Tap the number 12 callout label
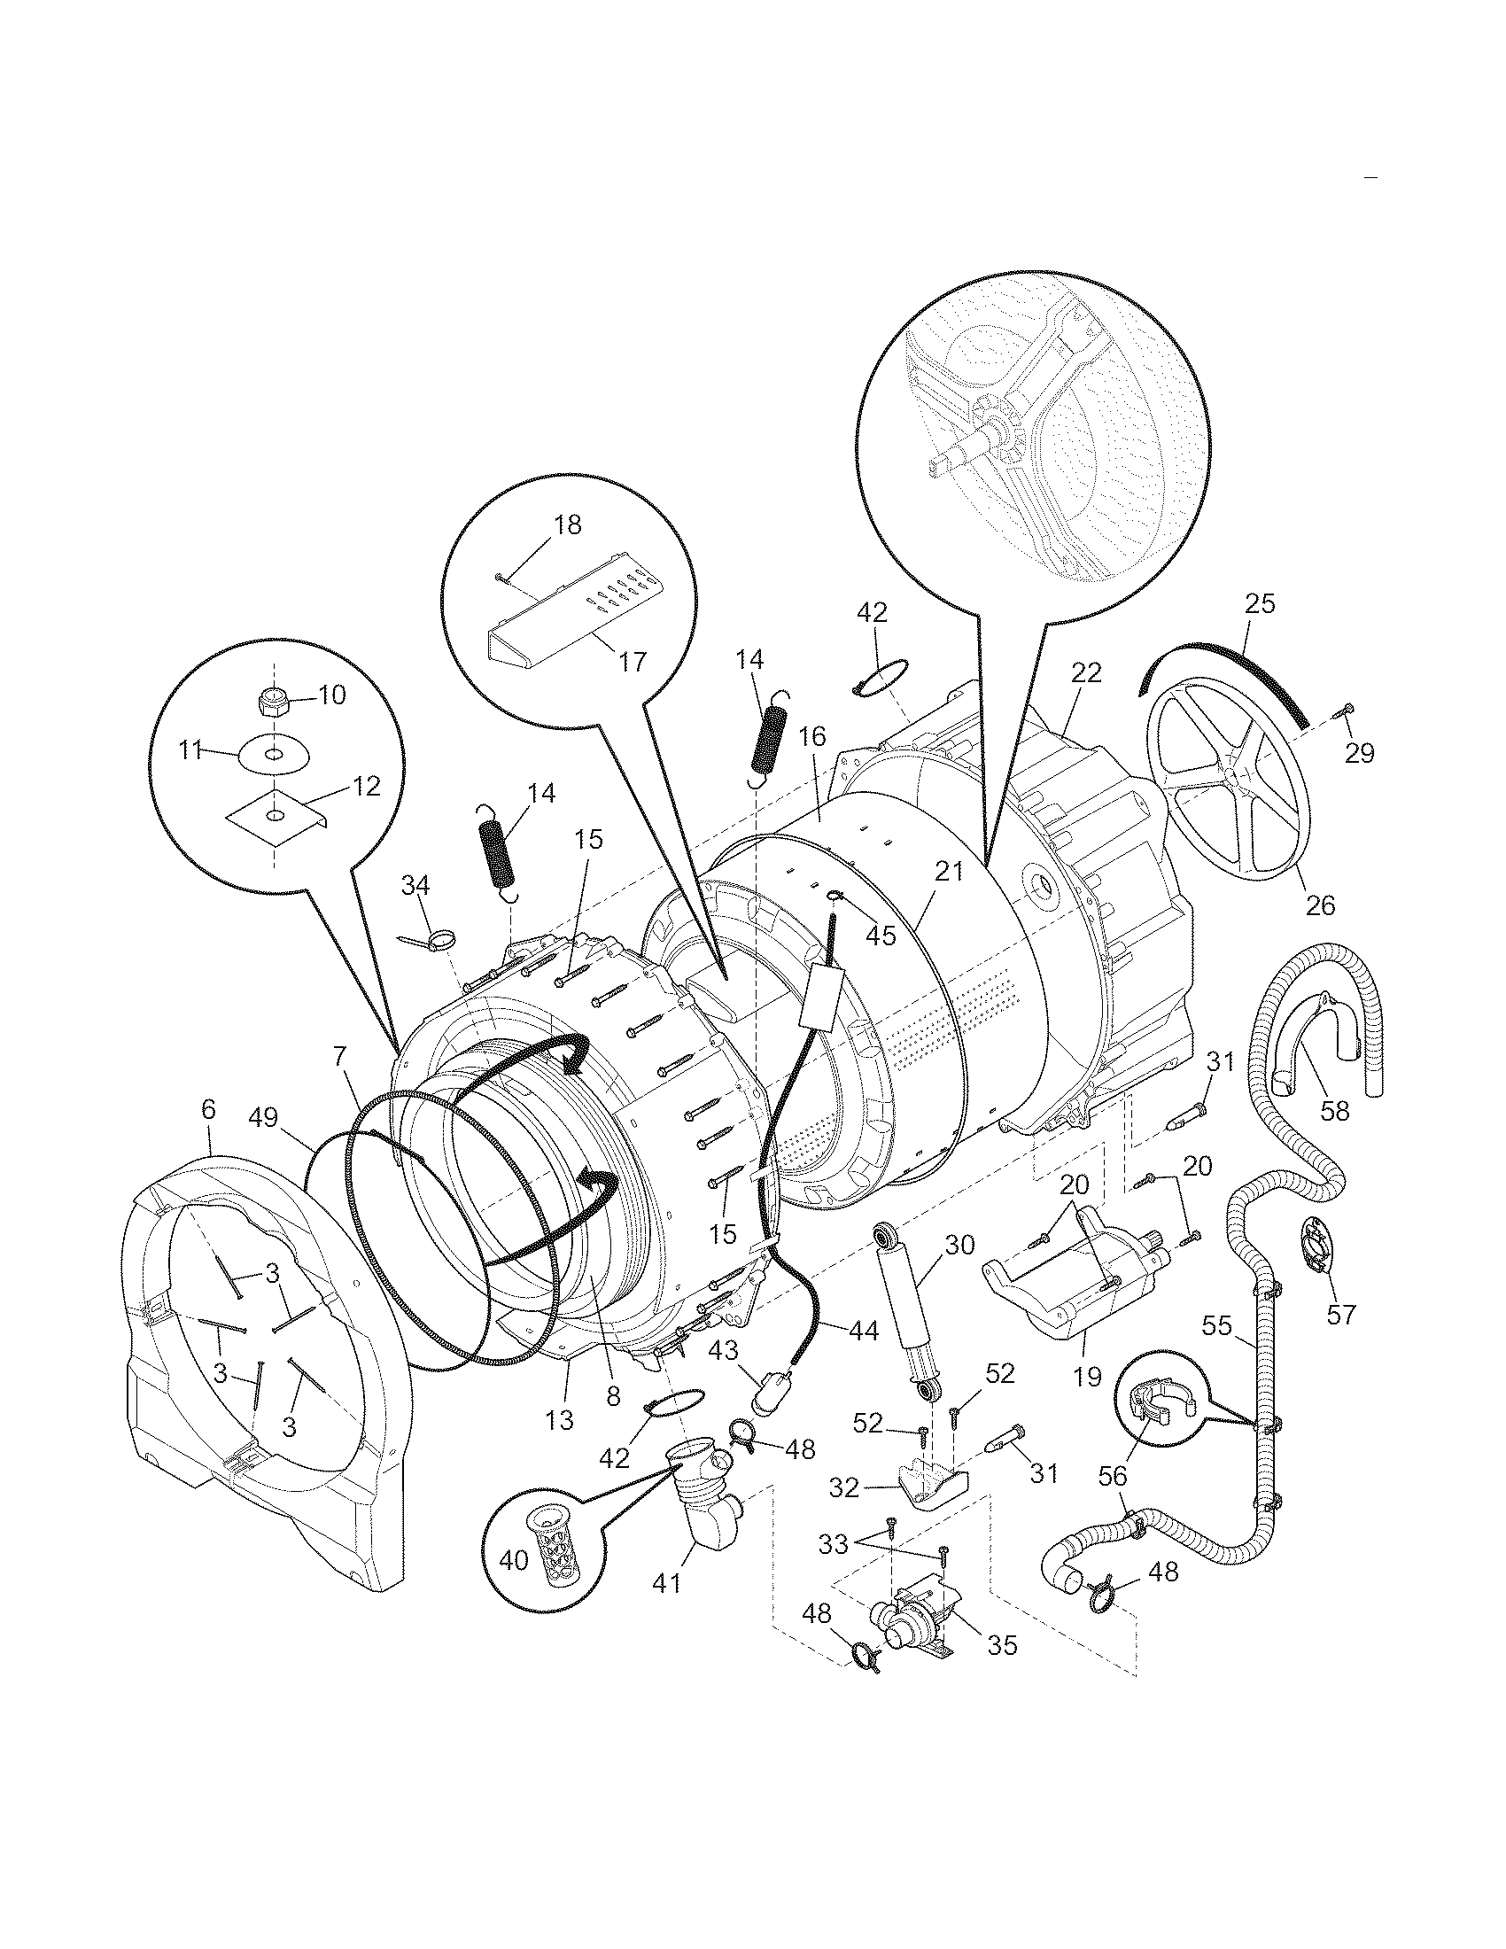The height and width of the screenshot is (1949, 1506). click(367, 786)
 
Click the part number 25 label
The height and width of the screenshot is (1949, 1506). click(1259, 604)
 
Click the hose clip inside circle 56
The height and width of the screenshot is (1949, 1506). click(1155, 1408)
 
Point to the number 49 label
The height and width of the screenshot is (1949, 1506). click(265, 1116)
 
